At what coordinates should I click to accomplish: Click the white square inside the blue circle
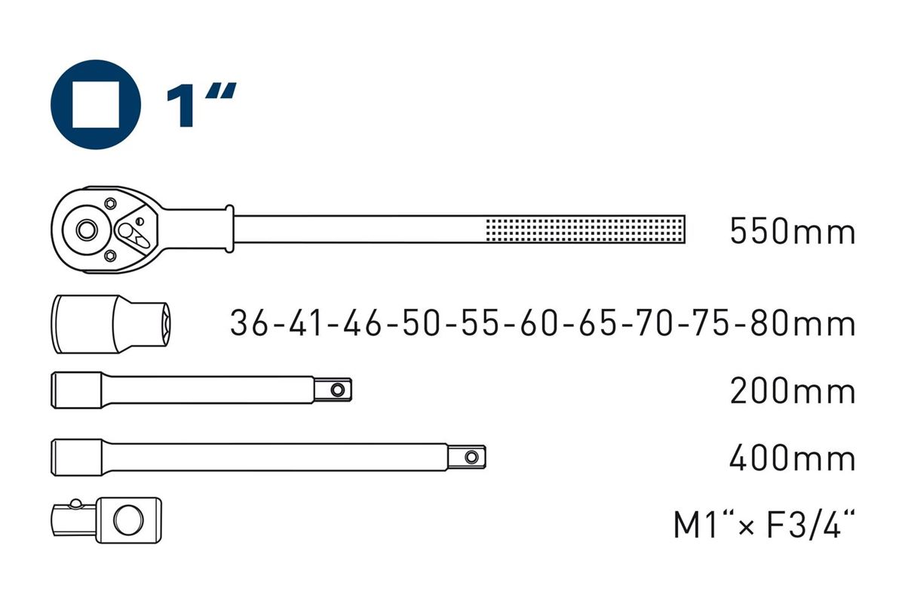(x=96, y=104)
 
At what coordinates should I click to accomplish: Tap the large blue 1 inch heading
(x=201, y=105)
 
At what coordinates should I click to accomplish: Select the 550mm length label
(x=793, y=231)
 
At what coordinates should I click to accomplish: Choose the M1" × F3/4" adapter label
(x=764, y=524)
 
